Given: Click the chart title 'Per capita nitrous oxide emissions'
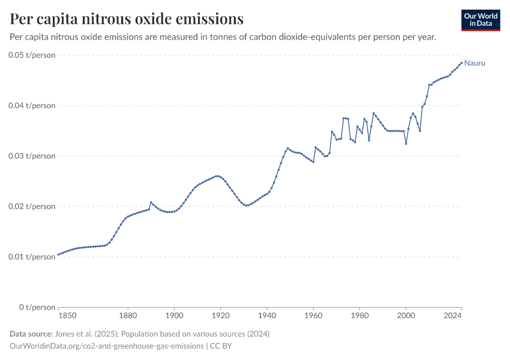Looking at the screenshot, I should click(x=127, y=19).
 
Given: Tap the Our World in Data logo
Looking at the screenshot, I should click(x=480, y=20).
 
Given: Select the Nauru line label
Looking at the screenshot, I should click(x=475, y=63).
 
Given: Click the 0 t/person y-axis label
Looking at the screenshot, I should click(x=35, y=307).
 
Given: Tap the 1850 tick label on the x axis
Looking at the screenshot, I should click(x=67, y=314).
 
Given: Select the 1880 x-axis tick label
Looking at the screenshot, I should click(x=127, y=314).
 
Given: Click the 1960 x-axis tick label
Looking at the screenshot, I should click(x=313, y=314).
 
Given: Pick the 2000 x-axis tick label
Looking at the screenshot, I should click(x=406, y=314).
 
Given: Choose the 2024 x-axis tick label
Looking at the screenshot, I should click(x=452, y=314).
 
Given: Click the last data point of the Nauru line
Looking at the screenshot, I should click(x=461, y=62).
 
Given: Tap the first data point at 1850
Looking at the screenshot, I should click(x=58, y=255).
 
